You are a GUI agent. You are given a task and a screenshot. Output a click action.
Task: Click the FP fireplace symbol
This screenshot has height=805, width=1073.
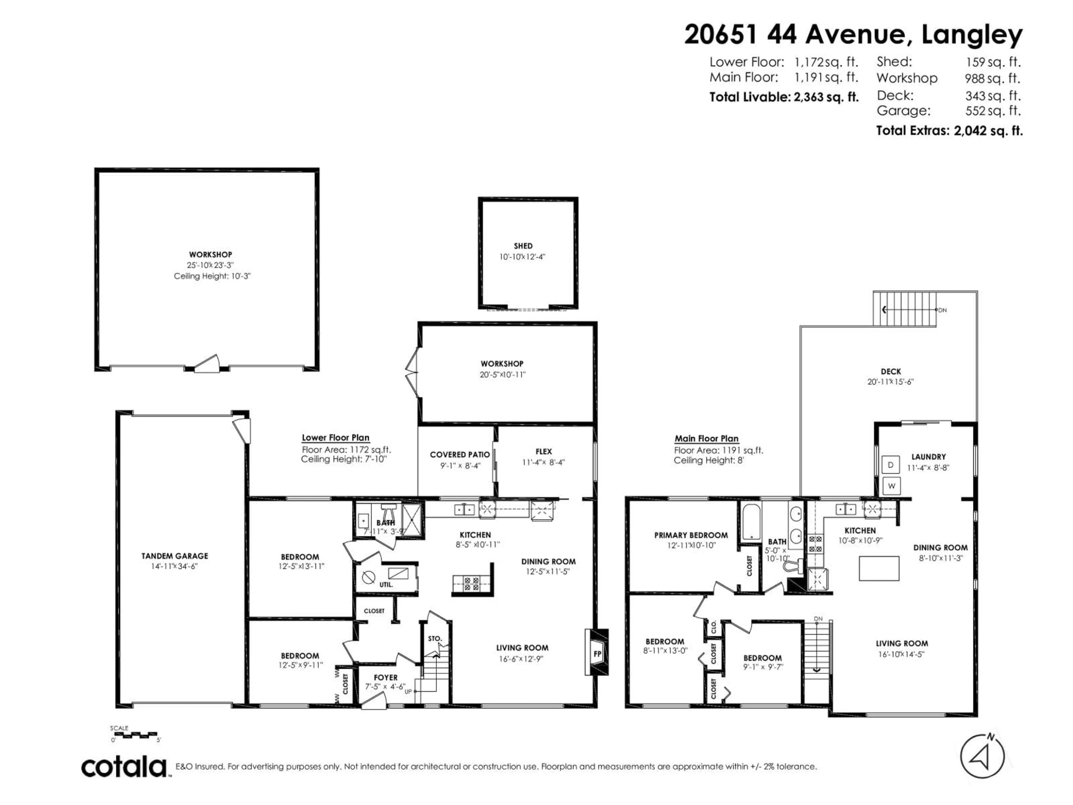[x=597, y=654]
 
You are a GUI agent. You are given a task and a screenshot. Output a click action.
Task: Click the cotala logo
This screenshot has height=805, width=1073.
[x=124, y=767]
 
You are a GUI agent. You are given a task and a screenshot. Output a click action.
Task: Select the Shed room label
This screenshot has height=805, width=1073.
[x=523, y=246]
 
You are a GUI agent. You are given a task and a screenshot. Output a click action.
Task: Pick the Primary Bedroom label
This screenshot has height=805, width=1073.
[x=691, y=535]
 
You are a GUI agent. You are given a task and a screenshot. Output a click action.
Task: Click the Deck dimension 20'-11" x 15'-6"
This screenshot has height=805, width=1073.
[x=890, y=382]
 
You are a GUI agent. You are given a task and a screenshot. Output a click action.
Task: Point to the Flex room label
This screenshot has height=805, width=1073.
[x=543, y=451]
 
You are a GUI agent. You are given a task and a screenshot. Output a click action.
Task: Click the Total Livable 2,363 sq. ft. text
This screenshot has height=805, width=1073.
[x=784, y=97]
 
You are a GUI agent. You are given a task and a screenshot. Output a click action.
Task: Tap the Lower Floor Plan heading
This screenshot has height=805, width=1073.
[x=335, y=438]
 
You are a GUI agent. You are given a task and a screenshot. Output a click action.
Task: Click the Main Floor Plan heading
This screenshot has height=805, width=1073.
[x=706, y=439]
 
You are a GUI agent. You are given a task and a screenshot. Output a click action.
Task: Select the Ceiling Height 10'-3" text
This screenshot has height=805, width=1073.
[x=212, y=276]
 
